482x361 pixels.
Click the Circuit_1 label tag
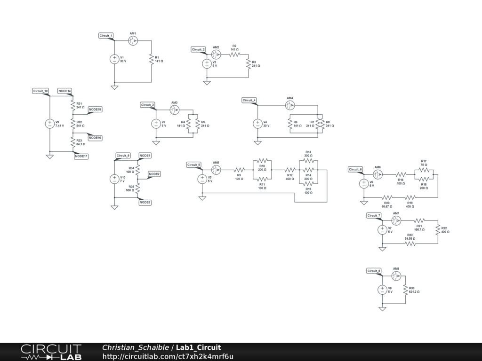click(x=106, y=36)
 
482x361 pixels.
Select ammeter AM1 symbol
click(x=133, y=41)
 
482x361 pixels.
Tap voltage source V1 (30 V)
click(x=114, y=59)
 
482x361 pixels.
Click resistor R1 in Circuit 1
click(x=152, y=59)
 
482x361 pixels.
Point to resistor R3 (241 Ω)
click(x=248, y=64)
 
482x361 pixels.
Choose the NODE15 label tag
click(x=95, y=110)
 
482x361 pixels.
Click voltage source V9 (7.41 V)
click(x=49, y=124)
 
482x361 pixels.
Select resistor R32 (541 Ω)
click(x=72, y=124)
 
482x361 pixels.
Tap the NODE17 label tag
click(x=81, y=157)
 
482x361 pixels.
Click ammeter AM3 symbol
click(x=174, y=110)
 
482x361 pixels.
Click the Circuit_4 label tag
click(x=249, y=100)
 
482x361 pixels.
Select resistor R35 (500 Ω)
click(x=138, y=188)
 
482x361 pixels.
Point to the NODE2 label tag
click(x=154, y=174)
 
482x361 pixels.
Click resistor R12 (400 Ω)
click(x=289, y=169)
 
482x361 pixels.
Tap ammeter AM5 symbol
click(x=216, y=170)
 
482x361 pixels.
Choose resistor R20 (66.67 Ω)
click(x=387, y=197)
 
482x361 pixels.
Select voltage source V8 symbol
click(x=382, y=290)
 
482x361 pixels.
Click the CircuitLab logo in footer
click(x=51, y=352)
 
